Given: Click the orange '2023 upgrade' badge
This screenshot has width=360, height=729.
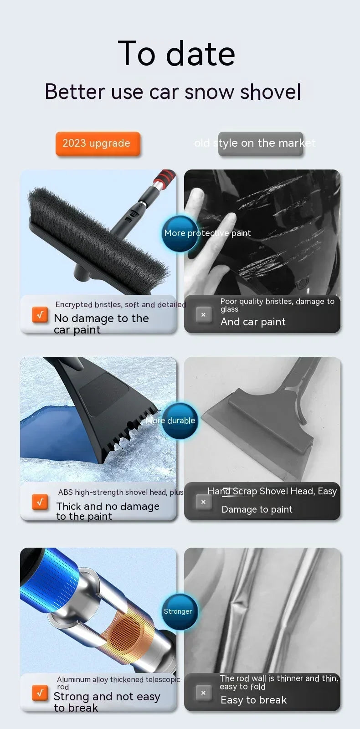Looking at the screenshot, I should [x=98, y=144].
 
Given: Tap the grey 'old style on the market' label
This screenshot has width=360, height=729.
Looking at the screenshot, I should [x=261, y=144].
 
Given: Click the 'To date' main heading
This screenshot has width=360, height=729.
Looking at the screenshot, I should [x=176, y=54].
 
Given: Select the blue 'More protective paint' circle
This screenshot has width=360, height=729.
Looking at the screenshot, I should [x=180, y=234].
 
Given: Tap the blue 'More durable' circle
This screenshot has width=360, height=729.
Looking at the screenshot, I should [x=180, y=421].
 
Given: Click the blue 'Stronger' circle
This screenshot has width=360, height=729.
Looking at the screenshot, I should [x=180, y=611].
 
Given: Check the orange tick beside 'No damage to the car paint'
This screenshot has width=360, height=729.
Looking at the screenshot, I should [x=40, y=315].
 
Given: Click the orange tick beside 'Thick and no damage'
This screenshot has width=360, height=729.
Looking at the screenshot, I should [x=40, y=502].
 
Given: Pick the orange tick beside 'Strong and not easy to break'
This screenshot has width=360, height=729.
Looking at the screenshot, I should [x=40, y=693].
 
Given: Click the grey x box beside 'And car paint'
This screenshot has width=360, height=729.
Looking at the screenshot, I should [x=203, y=315].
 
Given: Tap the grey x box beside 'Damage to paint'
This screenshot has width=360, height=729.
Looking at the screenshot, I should [x=203, y=502].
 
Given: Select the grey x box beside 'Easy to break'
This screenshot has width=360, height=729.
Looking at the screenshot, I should [x=203, y=693].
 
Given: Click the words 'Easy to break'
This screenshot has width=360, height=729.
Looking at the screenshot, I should [x=254, y=700].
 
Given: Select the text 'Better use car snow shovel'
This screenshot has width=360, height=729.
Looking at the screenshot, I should [x=173, y=92].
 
